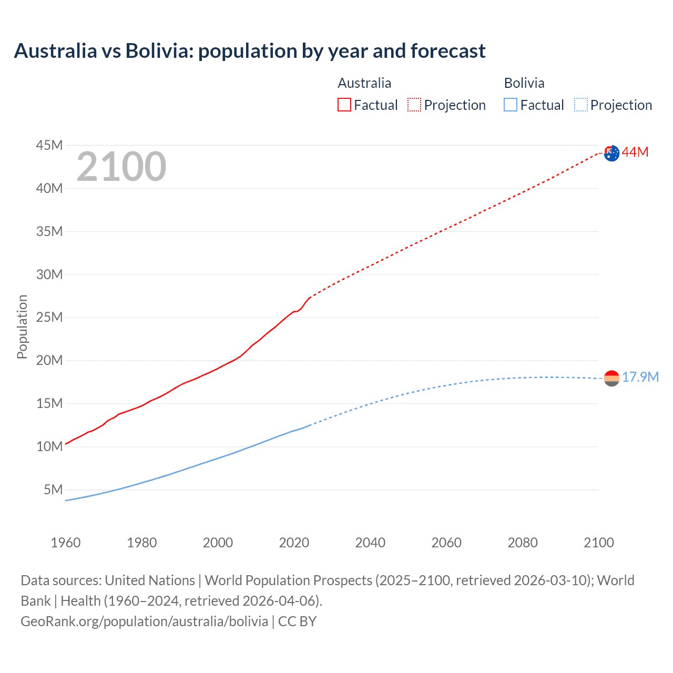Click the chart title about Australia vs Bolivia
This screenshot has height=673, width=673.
point(250,51)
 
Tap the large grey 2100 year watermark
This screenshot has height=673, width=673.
point(121,167)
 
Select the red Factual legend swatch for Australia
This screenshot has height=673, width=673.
point(344,105)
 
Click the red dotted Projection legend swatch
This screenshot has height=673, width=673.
point(414,105)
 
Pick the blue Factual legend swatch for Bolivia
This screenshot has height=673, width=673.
point(510,105)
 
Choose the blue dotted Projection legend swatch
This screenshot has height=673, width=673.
point(580,105)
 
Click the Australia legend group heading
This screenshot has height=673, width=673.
point(364,83)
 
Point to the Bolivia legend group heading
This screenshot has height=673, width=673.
point(524,83)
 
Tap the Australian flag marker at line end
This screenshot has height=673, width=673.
point(611,153)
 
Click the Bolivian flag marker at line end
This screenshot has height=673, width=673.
point(611,378)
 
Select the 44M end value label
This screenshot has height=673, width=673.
point(635,152)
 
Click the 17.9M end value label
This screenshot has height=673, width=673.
point(640,378)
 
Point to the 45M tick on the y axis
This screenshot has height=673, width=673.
point(49,145)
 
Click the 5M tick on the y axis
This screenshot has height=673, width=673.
point(53,490)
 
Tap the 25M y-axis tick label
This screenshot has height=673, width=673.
point(49,318)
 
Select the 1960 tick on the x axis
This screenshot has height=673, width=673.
point(66,543)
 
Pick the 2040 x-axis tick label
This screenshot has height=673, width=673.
point(370,543)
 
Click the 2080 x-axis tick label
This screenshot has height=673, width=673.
point(523,543)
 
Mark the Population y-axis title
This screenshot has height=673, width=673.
point(22,327)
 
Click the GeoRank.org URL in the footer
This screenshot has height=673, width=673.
point(145,621)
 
